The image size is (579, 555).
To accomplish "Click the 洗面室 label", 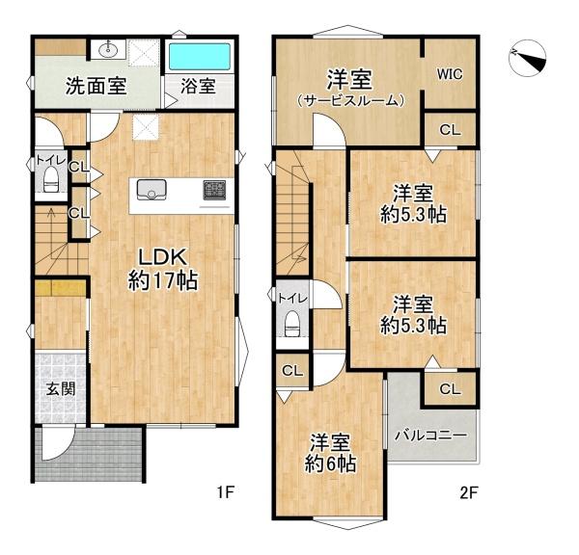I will coord(96,85).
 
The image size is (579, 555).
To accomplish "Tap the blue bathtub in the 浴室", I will coord(200,57).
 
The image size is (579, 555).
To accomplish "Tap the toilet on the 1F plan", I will coord(51,181).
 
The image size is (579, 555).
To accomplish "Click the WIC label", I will coord(449,72).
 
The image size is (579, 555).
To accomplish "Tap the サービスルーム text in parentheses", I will coord(349,99).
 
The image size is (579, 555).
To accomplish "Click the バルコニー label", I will coord(430,436).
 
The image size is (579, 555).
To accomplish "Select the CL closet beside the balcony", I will coord(450,389).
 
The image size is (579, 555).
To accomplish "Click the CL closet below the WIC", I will coord(450,129).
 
